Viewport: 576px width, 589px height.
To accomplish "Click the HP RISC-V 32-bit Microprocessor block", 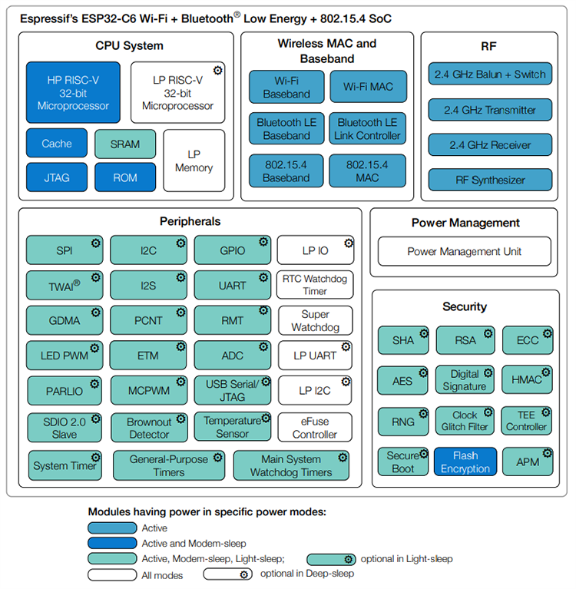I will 73,93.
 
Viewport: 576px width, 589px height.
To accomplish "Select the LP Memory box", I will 194,161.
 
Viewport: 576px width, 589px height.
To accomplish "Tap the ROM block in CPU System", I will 125,177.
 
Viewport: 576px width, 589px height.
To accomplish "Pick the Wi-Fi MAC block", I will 368,87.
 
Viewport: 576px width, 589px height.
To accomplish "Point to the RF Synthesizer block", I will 490,180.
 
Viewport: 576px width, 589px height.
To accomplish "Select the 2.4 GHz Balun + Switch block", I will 490,74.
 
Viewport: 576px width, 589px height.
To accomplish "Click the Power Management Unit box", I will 465,251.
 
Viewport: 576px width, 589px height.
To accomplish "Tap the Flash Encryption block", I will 465,462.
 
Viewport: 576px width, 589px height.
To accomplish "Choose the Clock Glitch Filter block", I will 465,421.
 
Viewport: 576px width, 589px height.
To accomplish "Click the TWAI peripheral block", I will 65,285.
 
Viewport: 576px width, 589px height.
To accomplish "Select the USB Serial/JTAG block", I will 233,390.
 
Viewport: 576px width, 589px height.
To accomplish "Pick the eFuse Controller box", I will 315,428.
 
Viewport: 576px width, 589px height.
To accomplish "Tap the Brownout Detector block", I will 149,428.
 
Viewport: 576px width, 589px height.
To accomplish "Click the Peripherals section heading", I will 190,221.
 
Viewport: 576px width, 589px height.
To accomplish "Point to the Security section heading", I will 465,306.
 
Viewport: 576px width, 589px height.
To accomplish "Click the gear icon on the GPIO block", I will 263,242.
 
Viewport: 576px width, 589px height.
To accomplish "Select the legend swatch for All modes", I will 113,574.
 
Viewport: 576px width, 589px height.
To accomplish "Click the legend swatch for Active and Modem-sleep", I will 113,543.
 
